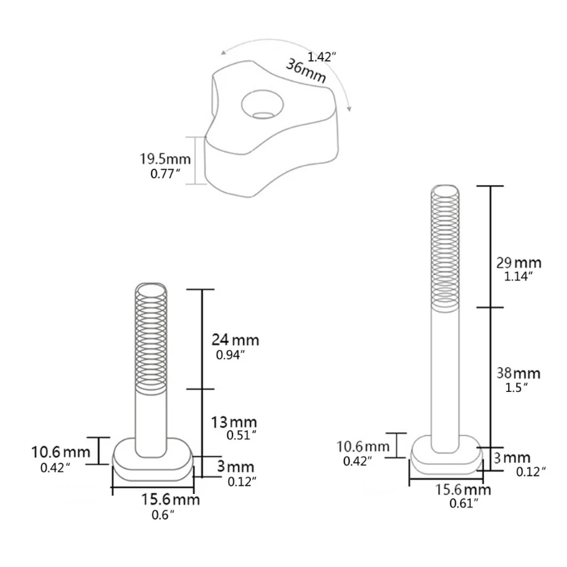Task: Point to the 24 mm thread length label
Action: pyautogui.click(x=236, y=340)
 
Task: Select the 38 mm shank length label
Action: pyautogui.click(x=517, y=373)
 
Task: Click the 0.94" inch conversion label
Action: pyautogui.click(x=230, y=355)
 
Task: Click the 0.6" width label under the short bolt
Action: pyautogui.click(x=163, y=515)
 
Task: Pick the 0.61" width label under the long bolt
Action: pyautogui.click(x=462, y=503)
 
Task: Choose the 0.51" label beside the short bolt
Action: pyautogui.click(x=238, y=436)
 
